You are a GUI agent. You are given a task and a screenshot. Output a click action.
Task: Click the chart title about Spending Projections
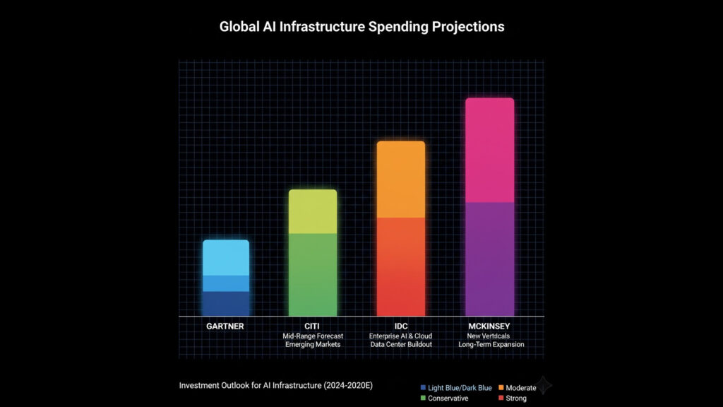click(x=361, y=27)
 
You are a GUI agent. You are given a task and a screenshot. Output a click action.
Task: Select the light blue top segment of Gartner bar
click(x=226, y=258)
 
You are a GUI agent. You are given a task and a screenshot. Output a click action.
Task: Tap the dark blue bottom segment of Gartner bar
click(x=226, y=304)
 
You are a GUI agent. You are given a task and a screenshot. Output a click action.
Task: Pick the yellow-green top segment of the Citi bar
click(x=313, y=211)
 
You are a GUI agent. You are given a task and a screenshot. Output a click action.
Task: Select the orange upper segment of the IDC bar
click(x=401, y=179)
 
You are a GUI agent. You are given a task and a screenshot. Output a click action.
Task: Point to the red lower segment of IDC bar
click(x=401, y=266)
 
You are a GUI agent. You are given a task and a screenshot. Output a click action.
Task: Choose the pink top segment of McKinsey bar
click(x=489, y=150)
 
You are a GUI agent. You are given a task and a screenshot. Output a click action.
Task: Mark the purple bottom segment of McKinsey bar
click(x=489, y=259)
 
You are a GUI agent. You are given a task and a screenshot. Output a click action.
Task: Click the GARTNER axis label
click(x=225, y=326)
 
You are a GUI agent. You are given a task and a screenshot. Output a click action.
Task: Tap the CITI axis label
click(x=313, y=326)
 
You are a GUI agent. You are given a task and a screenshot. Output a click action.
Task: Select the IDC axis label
click(x=401, y=326)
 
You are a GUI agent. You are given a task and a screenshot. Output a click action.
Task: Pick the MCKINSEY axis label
click(x=489, y=326)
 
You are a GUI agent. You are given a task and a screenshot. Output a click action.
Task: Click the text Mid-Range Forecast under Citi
click(x=313, y=336)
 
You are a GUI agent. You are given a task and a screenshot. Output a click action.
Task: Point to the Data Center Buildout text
click(x=401, y=345)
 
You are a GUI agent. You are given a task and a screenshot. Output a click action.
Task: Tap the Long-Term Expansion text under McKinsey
click(x=489, y=345)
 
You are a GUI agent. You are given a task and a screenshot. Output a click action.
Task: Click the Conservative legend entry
click(x=446, y=399)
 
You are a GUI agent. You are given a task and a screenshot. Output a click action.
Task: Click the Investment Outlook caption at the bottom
click(x=275, y=386)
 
